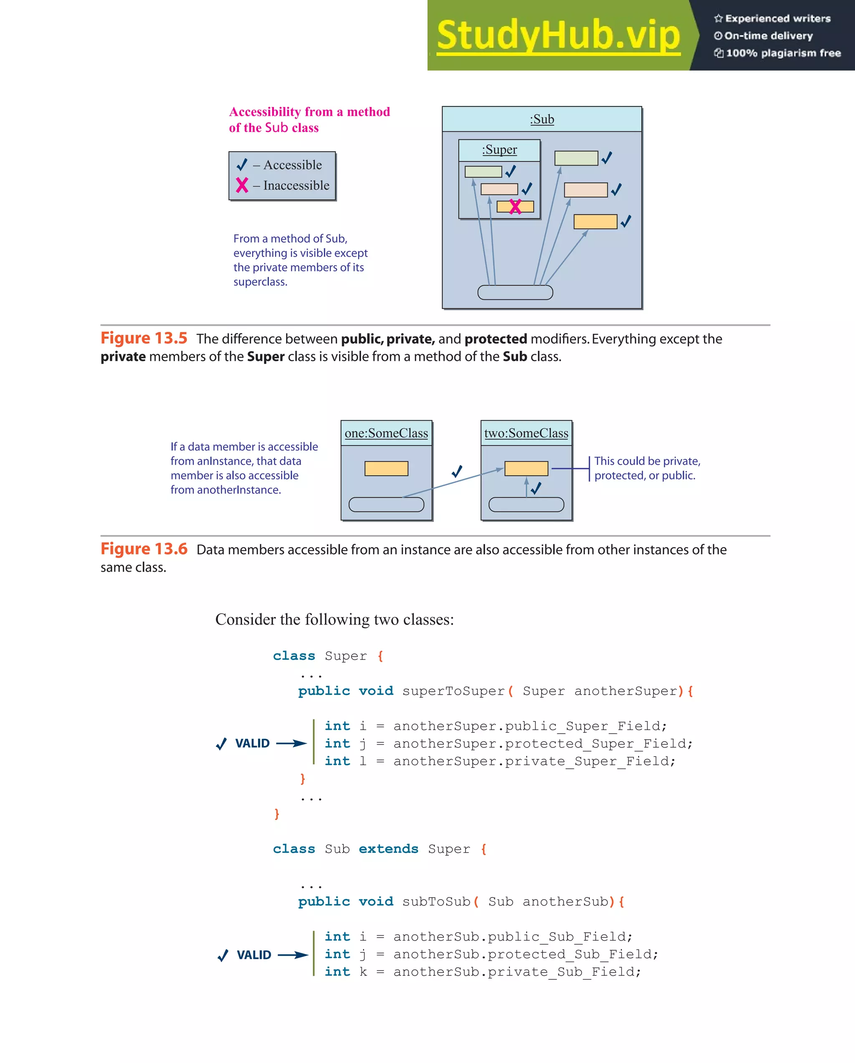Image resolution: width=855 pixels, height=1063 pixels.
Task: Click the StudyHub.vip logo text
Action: (558, 35)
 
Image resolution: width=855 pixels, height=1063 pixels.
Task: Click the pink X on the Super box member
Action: (515, 207)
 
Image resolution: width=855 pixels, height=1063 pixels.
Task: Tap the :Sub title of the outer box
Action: (542, 119)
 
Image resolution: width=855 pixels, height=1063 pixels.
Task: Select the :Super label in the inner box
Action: (499, 150)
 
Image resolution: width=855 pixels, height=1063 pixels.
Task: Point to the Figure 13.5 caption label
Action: (144, 338)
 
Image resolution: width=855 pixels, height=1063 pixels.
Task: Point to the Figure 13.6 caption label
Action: (144, 549)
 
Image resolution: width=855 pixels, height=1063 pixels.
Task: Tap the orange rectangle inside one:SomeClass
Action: (386, 468)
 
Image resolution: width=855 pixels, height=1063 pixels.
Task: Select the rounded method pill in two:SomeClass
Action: (526, 505)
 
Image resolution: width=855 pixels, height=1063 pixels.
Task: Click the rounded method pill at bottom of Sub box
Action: (515, 292)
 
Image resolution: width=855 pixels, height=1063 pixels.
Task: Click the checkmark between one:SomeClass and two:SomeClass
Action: (457, 471)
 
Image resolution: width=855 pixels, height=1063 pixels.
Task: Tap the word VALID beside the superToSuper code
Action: (252, 743)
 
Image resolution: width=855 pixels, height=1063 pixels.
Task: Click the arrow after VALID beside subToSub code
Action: (293, 955)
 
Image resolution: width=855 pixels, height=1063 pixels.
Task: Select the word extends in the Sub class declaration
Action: (388, 849)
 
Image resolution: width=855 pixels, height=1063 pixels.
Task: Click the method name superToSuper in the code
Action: (453, 691)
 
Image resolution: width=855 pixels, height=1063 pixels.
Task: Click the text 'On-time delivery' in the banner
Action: (768, 36)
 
